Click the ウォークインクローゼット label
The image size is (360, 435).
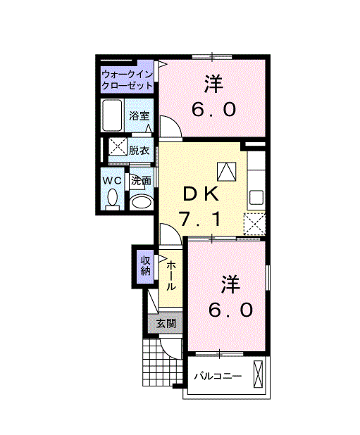point(128,79)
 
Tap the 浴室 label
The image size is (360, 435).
point(139,116)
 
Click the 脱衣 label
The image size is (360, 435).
point(139,150)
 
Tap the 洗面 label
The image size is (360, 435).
point(141,181)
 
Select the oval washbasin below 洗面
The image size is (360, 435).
point(141,203)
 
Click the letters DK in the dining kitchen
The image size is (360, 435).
point(202,193)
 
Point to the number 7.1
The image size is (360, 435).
point(202,220)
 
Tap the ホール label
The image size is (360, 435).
point(171,276)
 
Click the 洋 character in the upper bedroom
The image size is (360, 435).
point(213,84)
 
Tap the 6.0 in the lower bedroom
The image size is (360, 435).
point(230,310)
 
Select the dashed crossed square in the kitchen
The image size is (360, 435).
point(254,222)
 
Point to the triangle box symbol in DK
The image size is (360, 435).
point(226,171)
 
